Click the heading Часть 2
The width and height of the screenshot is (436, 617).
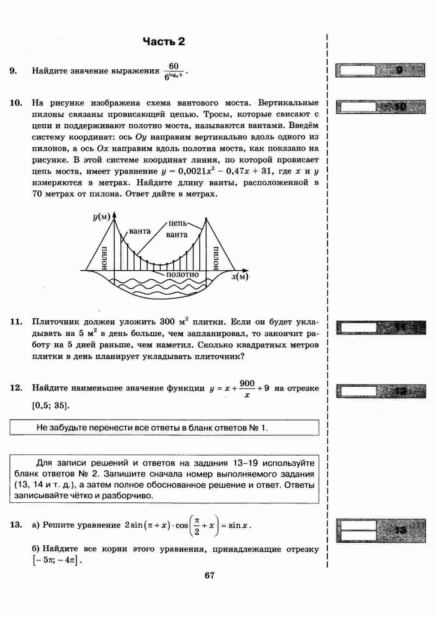(164, 41)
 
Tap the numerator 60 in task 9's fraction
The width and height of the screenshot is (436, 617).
(174, 66)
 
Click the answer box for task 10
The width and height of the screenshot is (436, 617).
(356, 107)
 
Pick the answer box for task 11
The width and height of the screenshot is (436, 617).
(357, 328)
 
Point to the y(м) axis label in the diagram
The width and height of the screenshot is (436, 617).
(101, 217)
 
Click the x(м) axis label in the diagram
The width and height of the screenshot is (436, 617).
(240, 277)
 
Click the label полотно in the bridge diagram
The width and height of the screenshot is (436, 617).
(182, 275)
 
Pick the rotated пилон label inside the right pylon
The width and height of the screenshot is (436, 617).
(216, 258)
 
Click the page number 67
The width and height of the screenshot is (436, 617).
(209, 576)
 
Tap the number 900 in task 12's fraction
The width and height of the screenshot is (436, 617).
(247, 383)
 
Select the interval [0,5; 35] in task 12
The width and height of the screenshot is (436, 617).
(50, 405)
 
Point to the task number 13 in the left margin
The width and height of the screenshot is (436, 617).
(16, 525)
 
